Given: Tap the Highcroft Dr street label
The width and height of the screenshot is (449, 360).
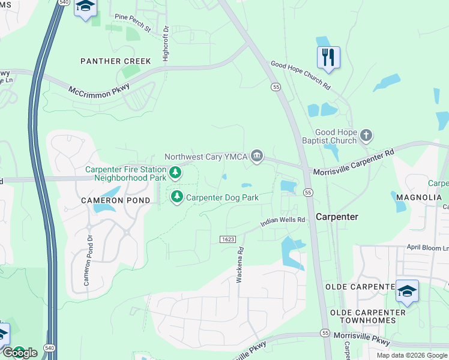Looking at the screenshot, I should (x=166, y=43).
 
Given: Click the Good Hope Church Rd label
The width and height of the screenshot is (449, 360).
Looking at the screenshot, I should (x=301, y=76).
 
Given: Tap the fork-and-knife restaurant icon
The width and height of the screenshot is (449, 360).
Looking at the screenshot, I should (x=328, y=58).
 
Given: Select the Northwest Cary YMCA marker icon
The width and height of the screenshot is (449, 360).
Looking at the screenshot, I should (x=257, y=157).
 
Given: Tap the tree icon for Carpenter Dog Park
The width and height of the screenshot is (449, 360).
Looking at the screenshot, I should (x=177, y=197).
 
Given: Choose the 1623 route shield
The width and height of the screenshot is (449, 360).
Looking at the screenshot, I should (x=227, y=239).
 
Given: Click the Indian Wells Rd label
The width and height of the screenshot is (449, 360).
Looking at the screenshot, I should (x=283, y=223).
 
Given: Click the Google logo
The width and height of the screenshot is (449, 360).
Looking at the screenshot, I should (x=20, y=353).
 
